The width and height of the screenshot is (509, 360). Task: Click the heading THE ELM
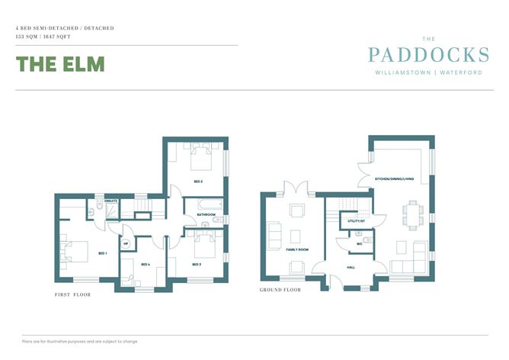tap(59, 64)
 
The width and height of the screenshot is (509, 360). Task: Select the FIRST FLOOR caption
tap(72, 294)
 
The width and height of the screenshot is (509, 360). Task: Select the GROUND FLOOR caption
tap(280, 290)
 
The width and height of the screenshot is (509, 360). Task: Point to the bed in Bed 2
tap(201, 157)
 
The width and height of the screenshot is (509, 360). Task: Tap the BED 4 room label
tap(146, 264)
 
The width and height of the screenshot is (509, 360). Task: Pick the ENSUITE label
tap(110, 201)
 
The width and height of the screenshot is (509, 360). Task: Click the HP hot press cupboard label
tap(126, 245)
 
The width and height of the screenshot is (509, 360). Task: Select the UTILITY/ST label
tap(356, 220)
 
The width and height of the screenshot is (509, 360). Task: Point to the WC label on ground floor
tap(358, 244)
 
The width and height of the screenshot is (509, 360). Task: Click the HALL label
tap(351, 268)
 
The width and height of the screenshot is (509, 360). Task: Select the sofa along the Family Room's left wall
tap(274, 230)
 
